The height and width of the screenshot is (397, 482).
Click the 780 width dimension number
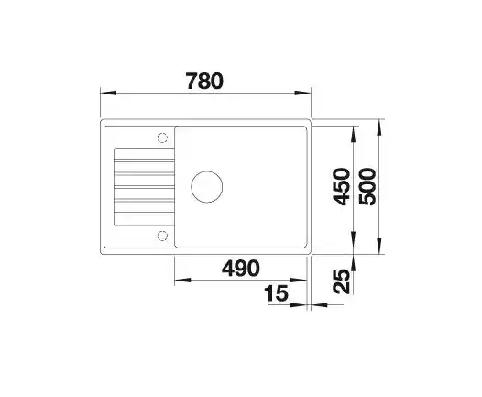click(204, 82)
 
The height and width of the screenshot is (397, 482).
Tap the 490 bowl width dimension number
click(241, 268)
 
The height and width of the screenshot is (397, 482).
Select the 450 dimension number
click(342, 187)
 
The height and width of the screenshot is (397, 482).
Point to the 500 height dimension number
click(367, 187)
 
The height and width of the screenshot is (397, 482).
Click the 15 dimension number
click(277, 293)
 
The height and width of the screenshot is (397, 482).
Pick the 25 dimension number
click(342, 281)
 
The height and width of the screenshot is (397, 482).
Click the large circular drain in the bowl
click(207, 187)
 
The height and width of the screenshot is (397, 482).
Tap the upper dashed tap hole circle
click(162, 138)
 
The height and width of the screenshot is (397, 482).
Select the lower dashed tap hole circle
click(162, 236)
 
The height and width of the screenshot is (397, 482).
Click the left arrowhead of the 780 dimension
click(108, 93)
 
